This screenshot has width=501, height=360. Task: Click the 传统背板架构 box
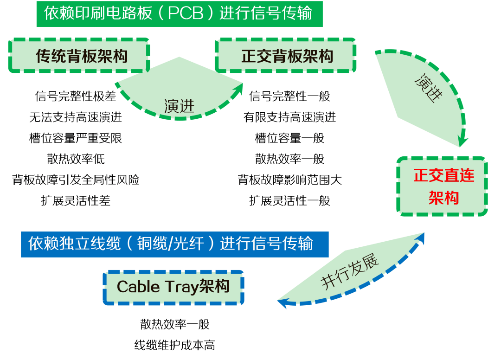(x=79, y=56)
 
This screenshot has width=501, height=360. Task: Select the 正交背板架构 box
(x=285, y=56)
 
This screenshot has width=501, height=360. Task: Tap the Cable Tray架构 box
(x=173, y=287)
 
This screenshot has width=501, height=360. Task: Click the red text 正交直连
(x=443, y=176)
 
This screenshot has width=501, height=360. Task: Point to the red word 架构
(x=443, y=198)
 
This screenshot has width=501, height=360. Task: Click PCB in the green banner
(x=185, y=13)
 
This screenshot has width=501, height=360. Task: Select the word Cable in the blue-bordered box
(x=138, y=287)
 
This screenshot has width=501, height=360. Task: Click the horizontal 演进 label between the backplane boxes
(x=179, y=106)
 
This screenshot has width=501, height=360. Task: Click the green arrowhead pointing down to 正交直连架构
(x=462, y=141)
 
